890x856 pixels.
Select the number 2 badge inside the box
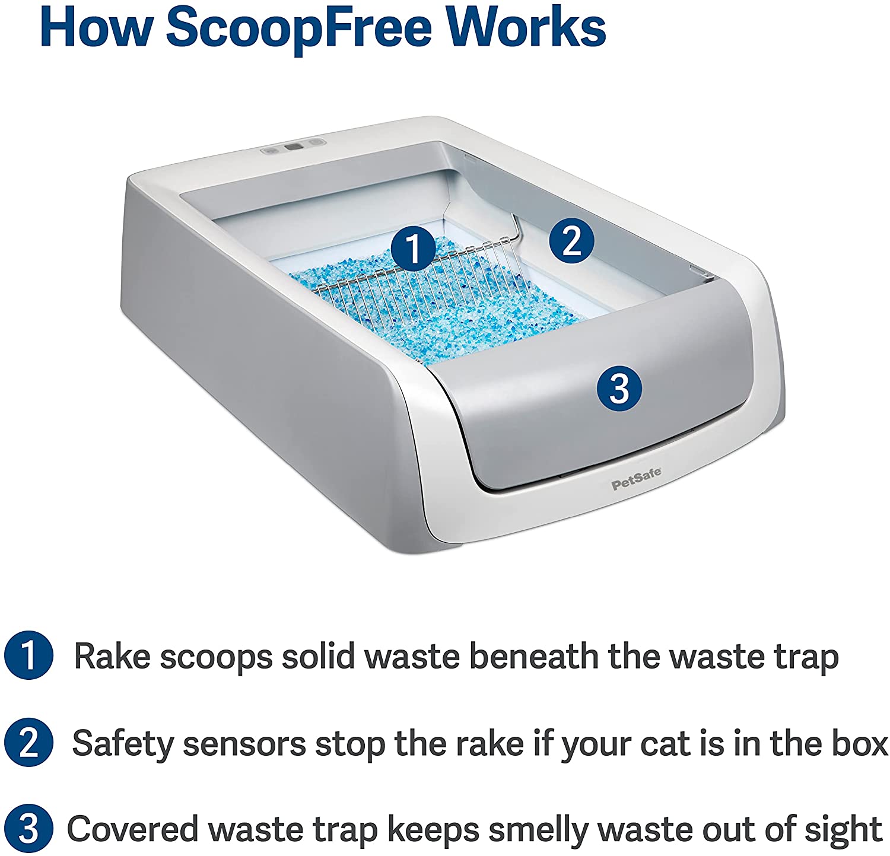(571, 241)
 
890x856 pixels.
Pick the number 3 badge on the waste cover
(619, 389)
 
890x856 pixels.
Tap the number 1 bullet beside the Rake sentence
(28, 656)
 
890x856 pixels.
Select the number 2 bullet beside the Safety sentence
(28, 743)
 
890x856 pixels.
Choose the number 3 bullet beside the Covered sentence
(28, 829)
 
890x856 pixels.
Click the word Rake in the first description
(111, 657)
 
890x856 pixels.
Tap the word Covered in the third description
(132, 829)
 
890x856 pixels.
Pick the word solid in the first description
(318, 657)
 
